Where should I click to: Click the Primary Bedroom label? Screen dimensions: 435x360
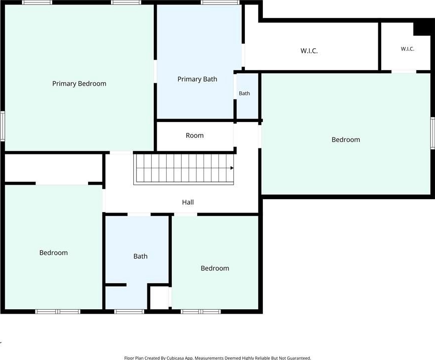pyautogui.click(x=79, y=84)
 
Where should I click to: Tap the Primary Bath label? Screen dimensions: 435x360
pyautogui.click(x=197, y=79)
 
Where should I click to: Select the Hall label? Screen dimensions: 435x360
pyautogui.click(x=188, y=202)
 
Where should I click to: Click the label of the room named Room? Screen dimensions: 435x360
pyautogui.click(x=195, y=135)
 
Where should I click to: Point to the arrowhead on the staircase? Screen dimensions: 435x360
pyautogui.click(x=232, y=168)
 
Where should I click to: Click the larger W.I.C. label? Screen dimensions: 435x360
pyautogui.click(x=309, y=51)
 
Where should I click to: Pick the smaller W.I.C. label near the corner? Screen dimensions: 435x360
pyautogui.click(x=408, y=49)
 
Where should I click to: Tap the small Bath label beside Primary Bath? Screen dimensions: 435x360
pyautogui.click(x=244, y=93)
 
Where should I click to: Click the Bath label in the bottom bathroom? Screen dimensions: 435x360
pyautogui.click(x=140, y=256)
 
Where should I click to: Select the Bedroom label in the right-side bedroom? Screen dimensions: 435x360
pyautogui.click(x=346, y=139)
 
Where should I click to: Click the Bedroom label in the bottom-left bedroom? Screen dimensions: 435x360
pyautogui.click(x=54, y=252)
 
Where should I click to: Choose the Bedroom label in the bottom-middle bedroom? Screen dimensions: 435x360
pyautogui.click(x=215, y=268)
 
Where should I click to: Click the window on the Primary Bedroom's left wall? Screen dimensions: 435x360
pyautogui.click(x=2, y=126)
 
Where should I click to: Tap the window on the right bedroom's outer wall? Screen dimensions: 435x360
pyautogui.click(x=433, y=133)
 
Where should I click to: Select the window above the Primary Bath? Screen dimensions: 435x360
pyautogui.click(x=220, y=2)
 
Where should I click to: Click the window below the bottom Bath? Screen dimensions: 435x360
pyautogui.click(x=129, y=312)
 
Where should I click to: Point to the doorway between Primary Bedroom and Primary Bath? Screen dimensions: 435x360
pyautogui.click(x=155, y=71)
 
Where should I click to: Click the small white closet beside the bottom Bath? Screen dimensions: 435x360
pyautogui.click(x=159, y=298)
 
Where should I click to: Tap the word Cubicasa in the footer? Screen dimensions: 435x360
pyautogui.click(x=176, y=358)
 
